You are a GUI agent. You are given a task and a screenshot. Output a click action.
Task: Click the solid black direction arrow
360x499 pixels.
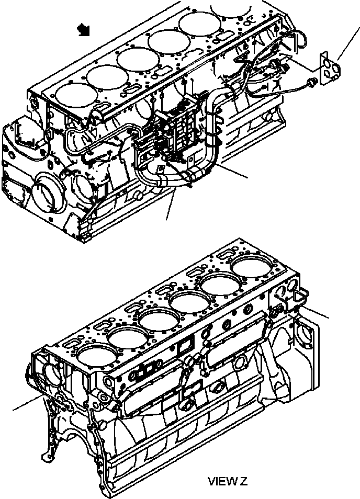click(x=83, y=31)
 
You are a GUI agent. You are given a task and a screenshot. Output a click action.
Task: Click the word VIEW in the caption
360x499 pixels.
click(x=218, y=481)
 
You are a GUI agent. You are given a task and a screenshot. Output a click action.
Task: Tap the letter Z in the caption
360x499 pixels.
click(x=243, y=481)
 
